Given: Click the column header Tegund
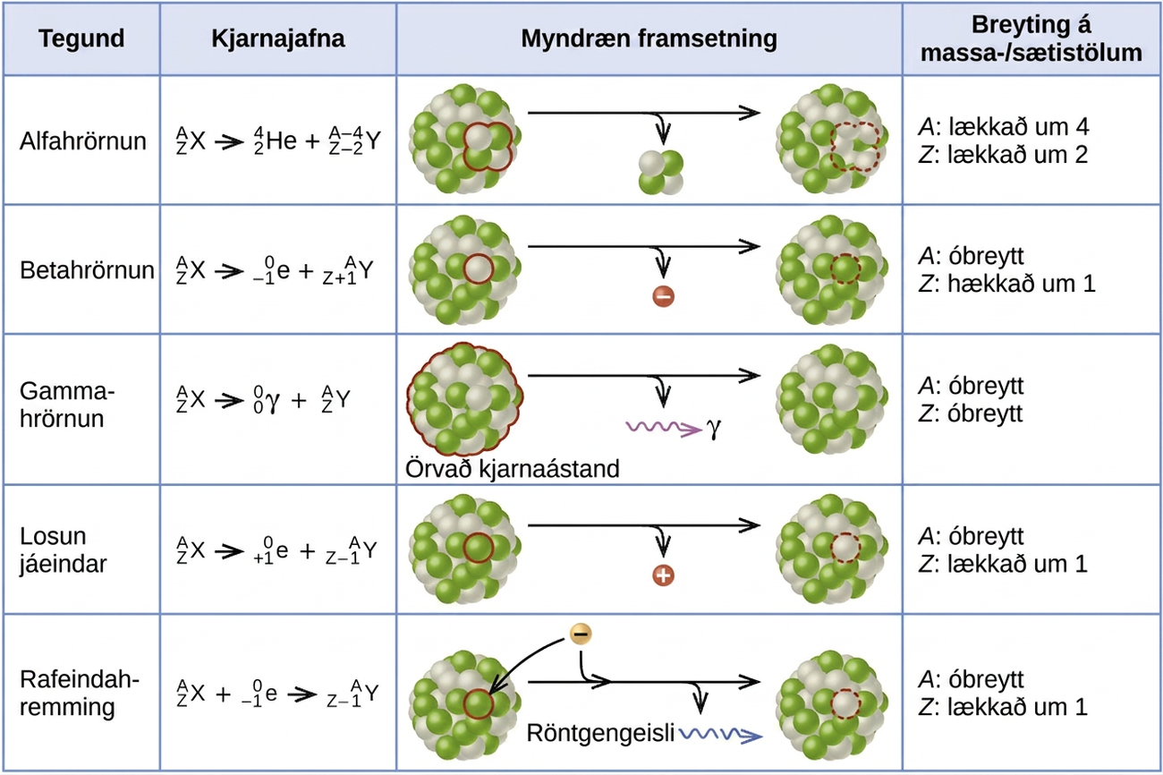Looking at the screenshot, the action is tap(81, 38).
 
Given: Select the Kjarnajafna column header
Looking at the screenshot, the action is tap(277, 38).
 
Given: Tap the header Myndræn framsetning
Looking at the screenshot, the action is tap(649, 38).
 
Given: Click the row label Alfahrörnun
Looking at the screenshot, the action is tap(83, 141).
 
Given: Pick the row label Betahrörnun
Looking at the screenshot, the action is tap(88, 270).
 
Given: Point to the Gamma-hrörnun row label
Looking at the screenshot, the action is tap(67, 405).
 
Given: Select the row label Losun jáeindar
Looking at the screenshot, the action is tap(64, 550).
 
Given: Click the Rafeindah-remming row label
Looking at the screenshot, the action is tap(80, 693).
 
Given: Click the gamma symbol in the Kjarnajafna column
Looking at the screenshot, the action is tap(272, 401).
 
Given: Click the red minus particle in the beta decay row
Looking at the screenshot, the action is tap(663, 296).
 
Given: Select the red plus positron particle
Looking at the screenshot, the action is tap(663, 575).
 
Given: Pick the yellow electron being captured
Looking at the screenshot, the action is tap(581, 634).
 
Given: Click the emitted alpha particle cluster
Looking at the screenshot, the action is tap(661, 173).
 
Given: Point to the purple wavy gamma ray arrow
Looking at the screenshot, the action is tap(664, 428).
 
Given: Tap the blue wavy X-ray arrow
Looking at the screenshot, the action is tap(721, 734).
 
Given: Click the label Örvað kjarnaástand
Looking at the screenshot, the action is tap(512, 469).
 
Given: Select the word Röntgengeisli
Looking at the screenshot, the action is tap(600, 734).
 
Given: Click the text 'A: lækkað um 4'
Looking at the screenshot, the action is tap(1004, 126).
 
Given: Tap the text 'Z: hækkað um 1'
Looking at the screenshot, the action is tap(1006, 284).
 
